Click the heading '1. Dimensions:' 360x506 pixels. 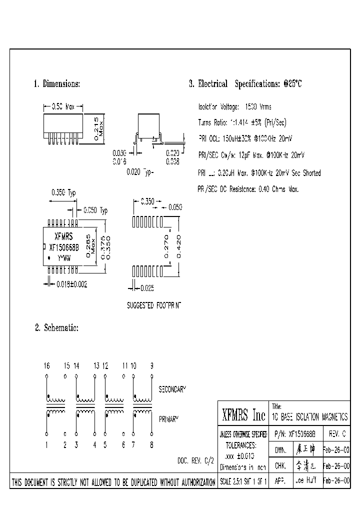56,84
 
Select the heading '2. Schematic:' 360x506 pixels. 56,328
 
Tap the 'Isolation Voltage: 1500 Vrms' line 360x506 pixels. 234,107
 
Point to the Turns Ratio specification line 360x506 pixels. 242,122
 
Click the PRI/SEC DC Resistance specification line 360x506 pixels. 248,189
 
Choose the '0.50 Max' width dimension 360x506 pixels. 63,106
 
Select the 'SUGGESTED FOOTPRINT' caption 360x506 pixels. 154,304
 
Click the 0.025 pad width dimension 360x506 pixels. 146,288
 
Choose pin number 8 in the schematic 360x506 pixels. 152,444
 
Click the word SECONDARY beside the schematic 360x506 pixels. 172,388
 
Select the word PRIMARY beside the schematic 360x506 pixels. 169,419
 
